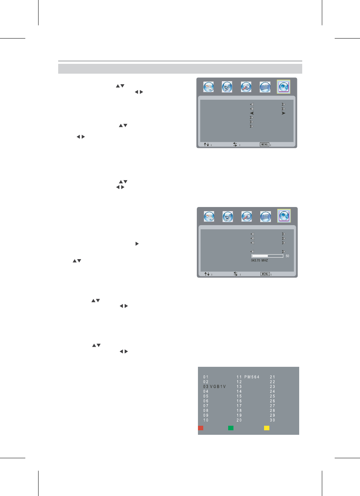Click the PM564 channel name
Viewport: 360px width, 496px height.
pyautogui.click(x=252, y=377)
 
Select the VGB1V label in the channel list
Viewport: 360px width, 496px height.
pyautogui.click(x=218, y=386)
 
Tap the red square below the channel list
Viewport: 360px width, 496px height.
pyautogui.click(x=201, y=428)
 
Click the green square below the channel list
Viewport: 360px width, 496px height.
pyautogui.click(x=231, y=428)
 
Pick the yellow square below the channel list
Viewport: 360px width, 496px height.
pyautogui.click(x=267, y=428)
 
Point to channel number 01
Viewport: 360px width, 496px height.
pyautogui.click(x=206, y=377)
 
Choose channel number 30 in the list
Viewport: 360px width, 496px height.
pyautogui.click(x=272, y=420)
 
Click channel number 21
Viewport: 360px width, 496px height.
pyautogui.click(x=272, y=377)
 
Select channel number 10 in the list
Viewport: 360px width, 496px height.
pyautogui.click(x=206, y=420)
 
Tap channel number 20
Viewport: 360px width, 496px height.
pyautogui.click(x=239, y=420)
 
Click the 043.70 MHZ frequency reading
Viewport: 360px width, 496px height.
pyautogui.click(x=260, y=260)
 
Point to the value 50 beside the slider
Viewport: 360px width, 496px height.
pyautogui.click(x=287, y=256)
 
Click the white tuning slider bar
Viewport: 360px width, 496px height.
pyautogui.click(x=267, y=256)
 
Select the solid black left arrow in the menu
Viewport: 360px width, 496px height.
pyautogui.click(x=252, y=113)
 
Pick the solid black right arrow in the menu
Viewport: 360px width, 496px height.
pyautogui.click(x=283, y=113)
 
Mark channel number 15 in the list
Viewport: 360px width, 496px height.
pyautogui.click(x=239, y=396)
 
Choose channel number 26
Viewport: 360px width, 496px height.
pyautogui.click(x=272, y=401)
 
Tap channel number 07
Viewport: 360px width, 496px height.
pyautogui.click(x=206, y=406)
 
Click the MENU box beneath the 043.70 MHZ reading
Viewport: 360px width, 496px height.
pyautogui.click(x=265, y=274)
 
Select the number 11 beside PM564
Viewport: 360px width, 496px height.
pyautogui.click(x=239, y=377)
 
